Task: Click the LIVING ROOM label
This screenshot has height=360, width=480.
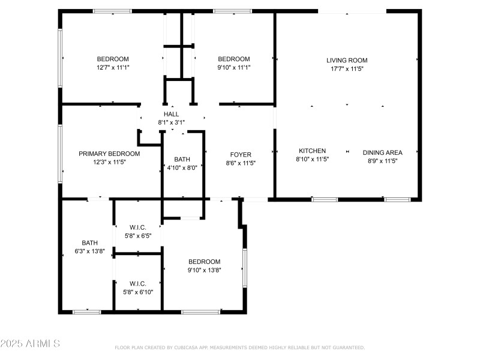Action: pos(347,60)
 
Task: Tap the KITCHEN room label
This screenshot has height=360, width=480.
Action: pos(313,151)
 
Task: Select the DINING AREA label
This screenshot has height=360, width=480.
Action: pos(382,152)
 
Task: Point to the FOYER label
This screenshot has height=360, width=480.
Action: pos(241,155)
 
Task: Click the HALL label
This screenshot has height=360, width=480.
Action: pos(171,114)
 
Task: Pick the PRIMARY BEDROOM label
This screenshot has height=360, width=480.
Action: pos(109,154)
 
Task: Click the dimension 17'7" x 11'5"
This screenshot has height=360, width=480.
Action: pos(347,69)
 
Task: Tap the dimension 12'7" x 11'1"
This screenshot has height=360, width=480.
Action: pos(113,67)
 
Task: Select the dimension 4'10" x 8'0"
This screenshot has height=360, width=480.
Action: pos(182,167)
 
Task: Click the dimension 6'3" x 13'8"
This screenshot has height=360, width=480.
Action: pos(89,251)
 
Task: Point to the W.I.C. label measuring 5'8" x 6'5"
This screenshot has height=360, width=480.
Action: pos(137,227)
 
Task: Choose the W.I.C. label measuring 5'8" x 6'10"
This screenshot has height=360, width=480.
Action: pos(137,284)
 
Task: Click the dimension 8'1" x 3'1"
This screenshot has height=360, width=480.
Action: pos(171,122)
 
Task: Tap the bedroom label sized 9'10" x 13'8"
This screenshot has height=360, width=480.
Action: pos(205,262)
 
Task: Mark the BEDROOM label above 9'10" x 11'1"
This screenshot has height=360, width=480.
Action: pos(233,59)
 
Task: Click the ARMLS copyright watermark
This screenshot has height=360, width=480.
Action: pos(30,344)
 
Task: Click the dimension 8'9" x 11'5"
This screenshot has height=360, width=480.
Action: pos(382,161)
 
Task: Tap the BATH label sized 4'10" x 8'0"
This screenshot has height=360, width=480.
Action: pos(182,159)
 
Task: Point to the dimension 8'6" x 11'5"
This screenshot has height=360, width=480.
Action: pos(241,163)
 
